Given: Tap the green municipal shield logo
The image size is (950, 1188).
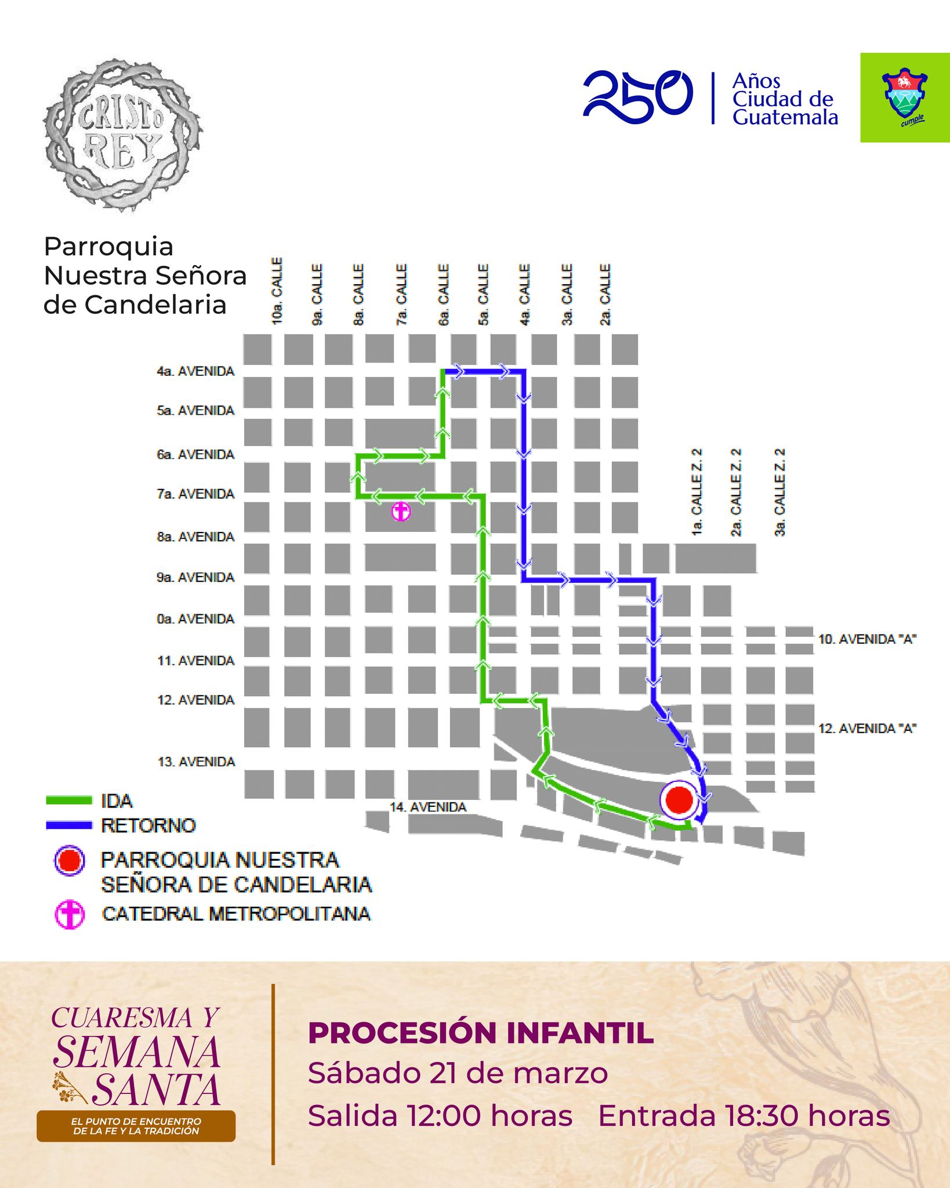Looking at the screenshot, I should coord(904,97).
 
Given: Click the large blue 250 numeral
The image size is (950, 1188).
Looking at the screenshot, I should coord(638,96).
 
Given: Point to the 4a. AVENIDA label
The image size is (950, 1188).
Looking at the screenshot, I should coord(195,371).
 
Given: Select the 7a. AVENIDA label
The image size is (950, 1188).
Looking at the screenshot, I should coord(195,494).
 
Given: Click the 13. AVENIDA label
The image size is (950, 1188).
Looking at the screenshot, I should coord(196,762).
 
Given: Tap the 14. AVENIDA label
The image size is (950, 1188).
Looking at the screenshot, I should coord(428,807).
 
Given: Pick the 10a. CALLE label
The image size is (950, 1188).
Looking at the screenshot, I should coord(277,291).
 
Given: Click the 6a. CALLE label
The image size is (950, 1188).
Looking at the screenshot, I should coord(444,295).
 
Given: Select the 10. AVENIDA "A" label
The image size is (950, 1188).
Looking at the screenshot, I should coord(867,639).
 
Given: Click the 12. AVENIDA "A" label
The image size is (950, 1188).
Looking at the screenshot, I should coord(867,729).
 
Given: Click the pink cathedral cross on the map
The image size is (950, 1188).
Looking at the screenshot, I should coord(401,512).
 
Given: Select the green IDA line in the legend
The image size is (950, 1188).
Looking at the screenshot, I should coord(69,801).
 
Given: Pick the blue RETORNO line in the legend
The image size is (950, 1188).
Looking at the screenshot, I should coord(69,825).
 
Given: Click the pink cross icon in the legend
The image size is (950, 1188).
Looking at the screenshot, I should coord(70,915).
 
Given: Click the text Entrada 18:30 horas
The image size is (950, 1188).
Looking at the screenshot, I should coord(744,1115).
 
